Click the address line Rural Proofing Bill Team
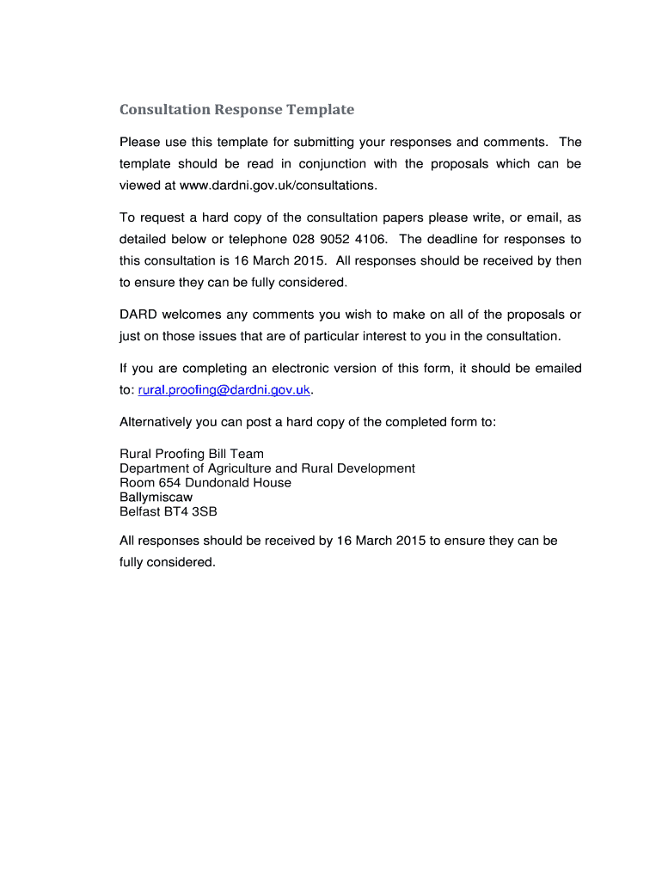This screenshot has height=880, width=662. (192, 454)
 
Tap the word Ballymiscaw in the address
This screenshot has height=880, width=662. (156, 498)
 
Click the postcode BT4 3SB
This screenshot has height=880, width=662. (192, 511)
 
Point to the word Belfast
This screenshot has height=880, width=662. (140, 511)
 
